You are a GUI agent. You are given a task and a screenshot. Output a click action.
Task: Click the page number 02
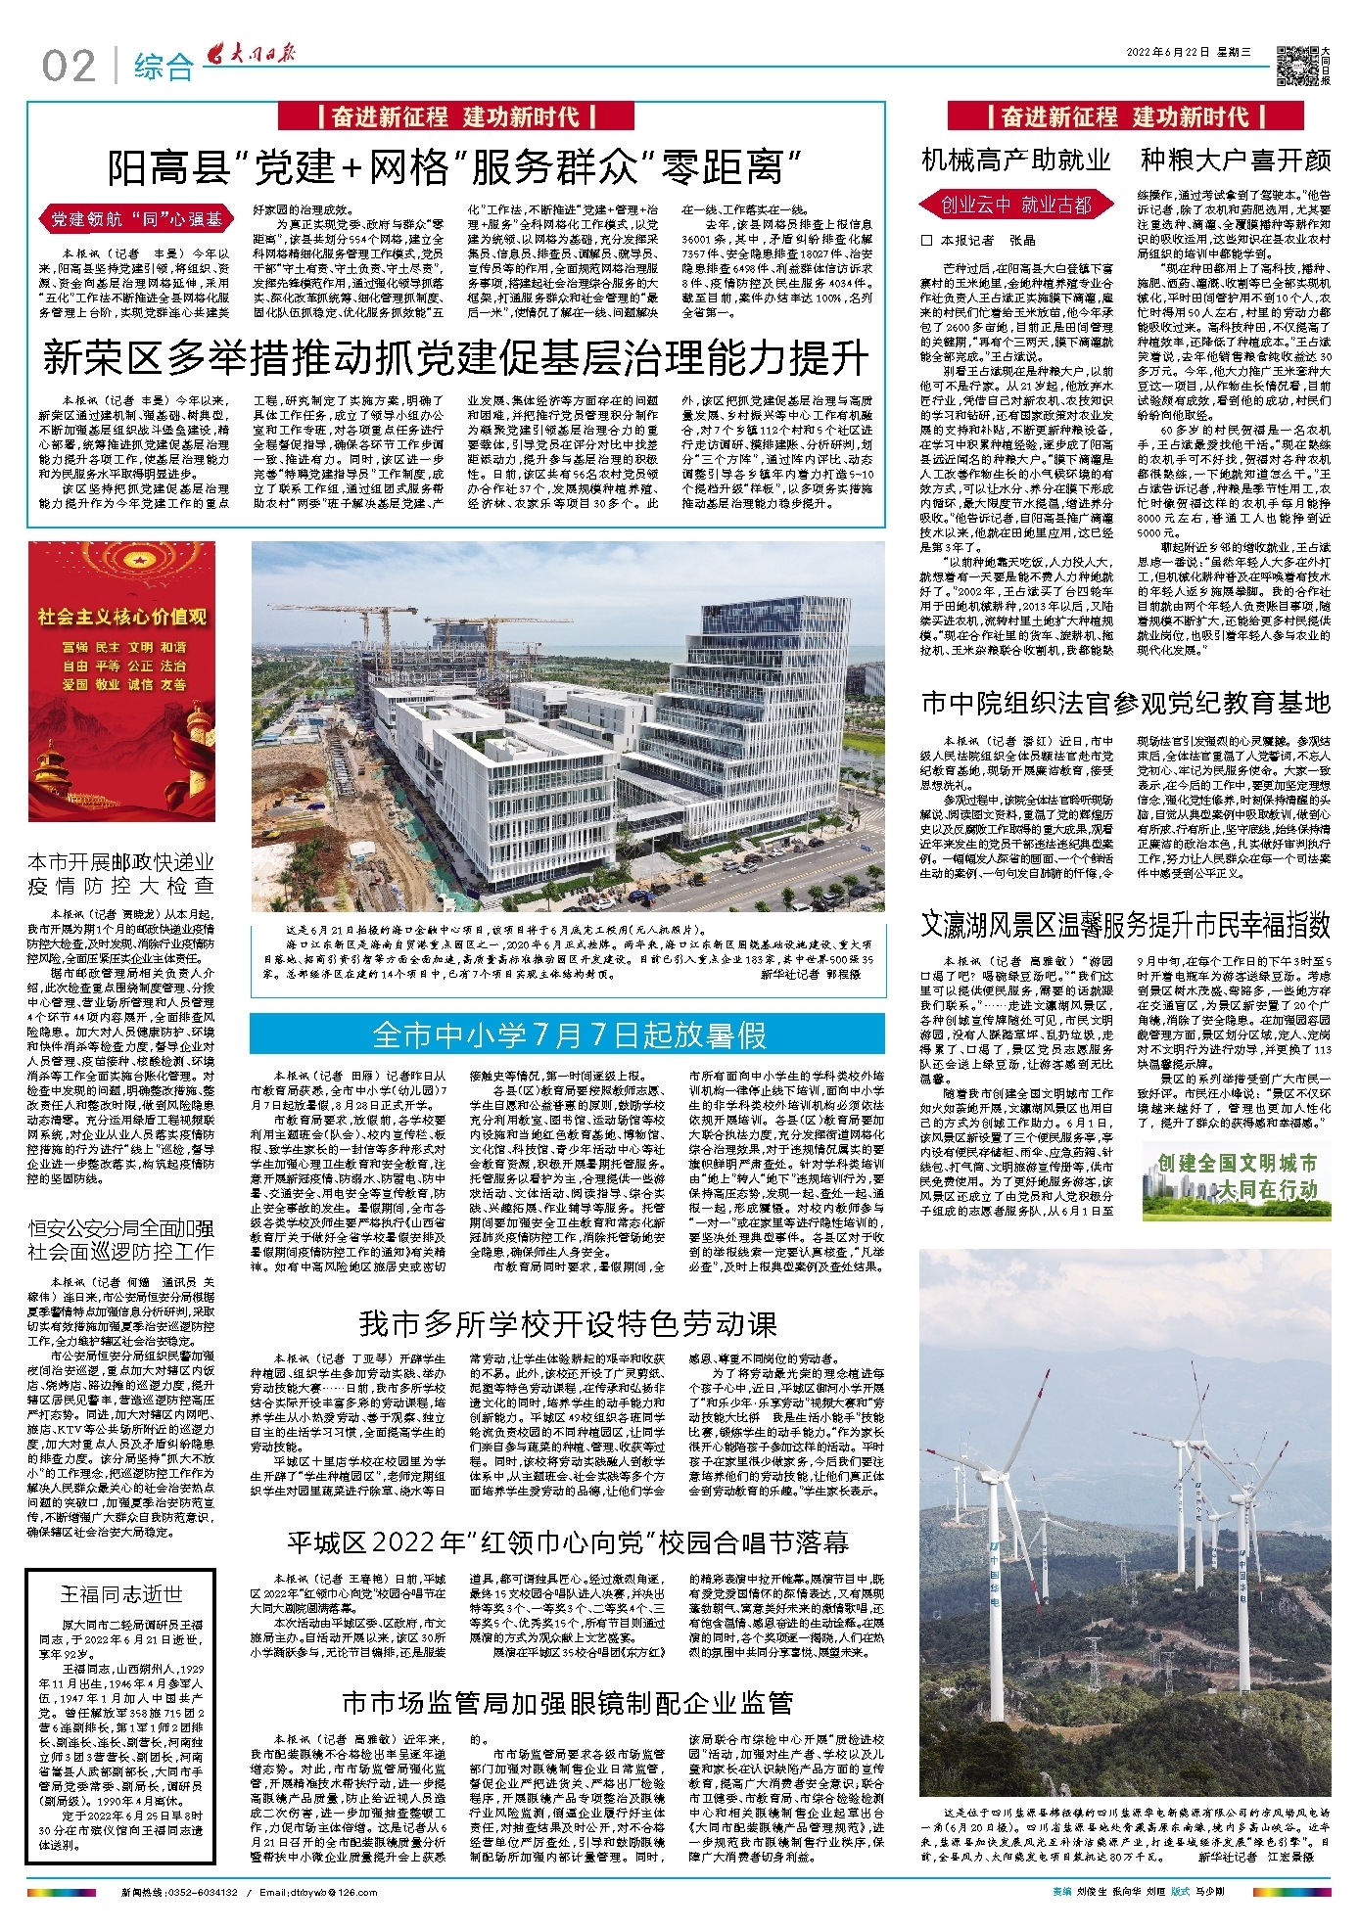(x=69, y=66)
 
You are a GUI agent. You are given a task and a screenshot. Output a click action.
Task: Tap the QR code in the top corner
(x=1298, y=65)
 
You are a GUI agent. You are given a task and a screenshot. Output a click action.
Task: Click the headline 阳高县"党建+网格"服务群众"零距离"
(x=455, y=167)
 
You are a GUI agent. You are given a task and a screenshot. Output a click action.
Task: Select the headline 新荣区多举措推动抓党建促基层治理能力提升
(x=455, y=358)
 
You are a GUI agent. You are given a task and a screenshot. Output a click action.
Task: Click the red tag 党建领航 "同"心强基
(x=136, y=219)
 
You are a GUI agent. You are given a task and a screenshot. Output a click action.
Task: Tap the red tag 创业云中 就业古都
(x=1015, y=205)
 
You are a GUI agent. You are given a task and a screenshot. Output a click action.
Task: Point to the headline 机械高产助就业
(x=1016, y=160)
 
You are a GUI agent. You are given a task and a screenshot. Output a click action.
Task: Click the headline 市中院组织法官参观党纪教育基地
(x=1125, y=703)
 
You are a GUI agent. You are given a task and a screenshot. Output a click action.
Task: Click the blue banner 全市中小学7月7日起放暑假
(x=568, y=1034)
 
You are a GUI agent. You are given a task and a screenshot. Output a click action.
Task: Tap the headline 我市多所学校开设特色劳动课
(x=568, y=1324)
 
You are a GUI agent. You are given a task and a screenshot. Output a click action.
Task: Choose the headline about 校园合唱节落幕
(x=568, y=1543)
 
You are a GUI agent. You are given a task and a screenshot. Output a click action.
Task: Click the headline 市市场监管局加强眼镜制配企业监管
(x=568, y=1704)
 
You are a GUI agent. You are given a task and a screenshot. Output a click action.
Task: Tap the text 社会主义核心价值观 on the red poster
(x=122, y=617)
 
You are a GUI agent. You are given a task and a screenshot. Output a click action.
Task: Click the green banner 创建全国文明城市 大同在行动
(x=1237, y=1176)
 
